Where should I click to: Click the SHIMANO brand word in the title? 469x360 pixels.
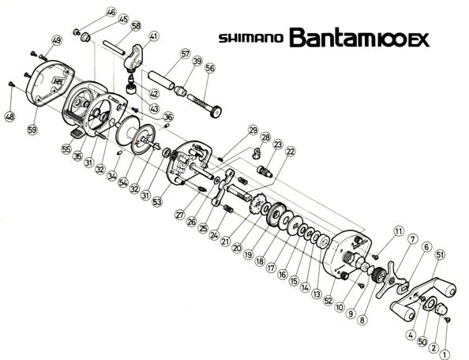tap(250, 39)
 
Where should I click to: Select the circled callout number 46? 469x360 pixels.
tap(111, 13)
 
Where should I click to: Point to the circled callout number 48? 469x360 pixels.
tap(10, 116)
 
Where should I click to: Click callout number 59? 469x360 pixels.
tap(32, 129)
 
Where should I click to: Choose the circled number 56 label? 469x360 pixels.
tap(210, 68)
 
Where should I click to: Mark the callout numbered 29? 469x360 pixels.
tap(253, 130)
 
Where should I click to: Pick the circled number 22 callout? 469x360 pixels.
tap(290, 152)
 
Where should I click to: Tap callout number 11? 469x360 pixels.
tap(399, 231)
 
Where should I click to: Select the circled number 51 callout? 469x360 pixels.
tap(440, 255)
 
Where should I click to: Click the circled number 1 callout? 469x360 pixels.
tap(445, 354)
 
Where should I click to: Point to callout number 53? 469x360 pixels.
tap(157, 201)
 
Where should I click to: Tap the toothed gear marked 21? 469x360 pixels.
tap(255, 204)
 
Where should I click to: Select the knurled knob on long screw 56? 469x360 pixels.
tap(216, 112)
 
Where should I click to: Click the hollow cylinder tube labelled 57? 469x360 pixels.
tap(162, 81)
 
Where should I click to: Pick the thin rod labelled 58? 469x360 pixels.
tap(114, 47)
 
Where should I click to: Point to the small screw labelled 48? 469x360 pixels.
tap(12, 84)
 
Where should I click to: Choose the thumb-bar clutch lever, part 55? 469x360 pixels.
tap(77, 133)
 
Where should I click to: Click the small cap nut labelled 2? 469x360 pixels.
tap(441, 309)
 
